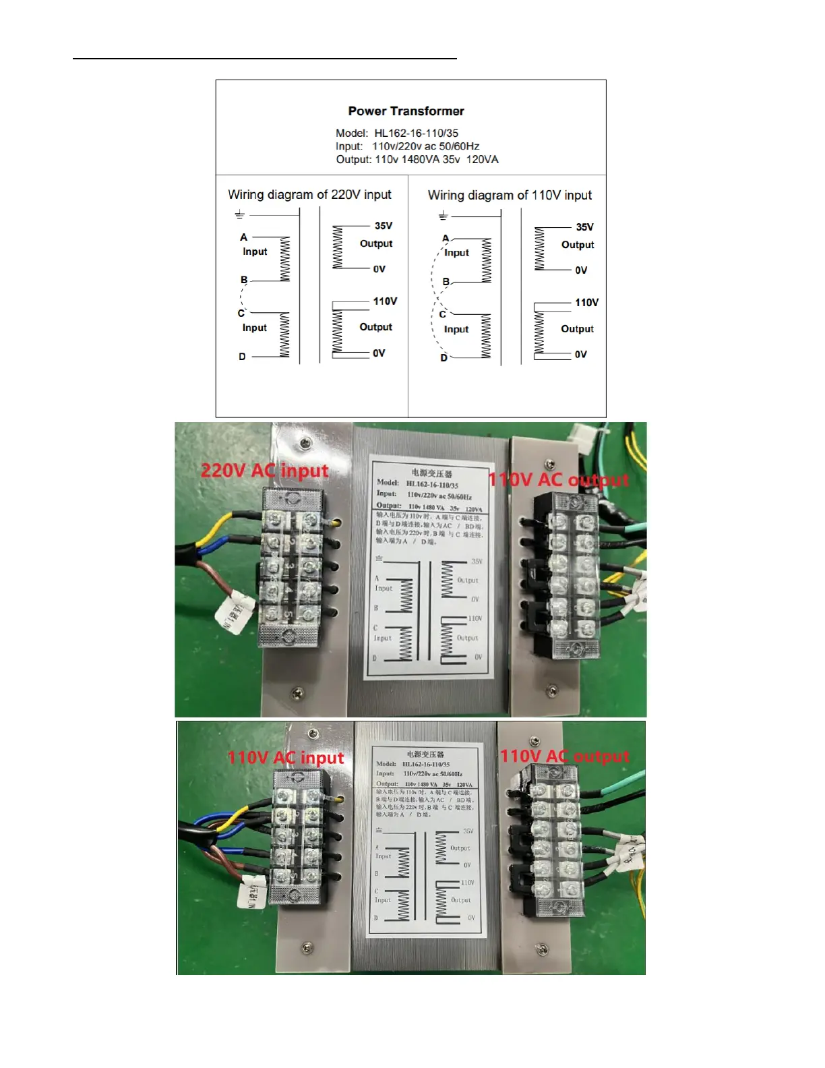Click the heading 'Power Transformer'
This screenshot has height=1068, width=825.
click(x=406, y=111)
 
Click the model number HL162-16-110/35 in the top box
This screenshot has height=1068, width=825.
click(x=416, y=133)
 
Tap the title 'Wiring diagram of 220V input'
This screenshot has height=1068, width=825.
click(x=309, y=195)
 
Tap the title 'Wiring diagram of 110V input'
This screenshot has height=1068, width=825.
click(x=510, y=196)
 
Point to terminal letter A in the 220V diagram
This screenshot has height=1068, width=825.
click(x=244, y=237)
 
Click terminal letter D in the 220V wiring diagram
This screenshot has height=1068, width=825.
click(x=242, y=357)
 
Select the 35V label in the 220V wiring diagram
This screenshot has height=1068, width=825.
click(x=384, y=226)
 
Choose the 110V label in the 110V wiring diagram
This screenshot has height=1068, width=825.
click(x=586, y=303)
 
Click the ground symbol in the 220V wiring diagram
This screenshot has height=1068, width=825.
click(x=239, y=215)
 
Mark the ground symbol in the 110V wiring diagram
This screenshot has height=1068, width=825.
click(x=443, y=216)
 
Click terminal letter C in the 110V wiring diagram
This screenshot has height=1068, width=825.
click(x=442, y=314)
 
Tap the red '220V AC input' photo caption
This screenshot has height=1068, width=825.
click(x=264, y=470)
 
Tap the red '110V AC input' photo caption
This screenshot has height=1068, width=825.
click(x=285, y=758)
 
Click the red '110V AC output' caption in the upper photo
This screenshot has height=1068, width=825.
click(x=558, y=480)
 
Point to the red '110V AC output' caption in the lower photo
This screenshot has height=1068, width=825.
click(x=564, y=756)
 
